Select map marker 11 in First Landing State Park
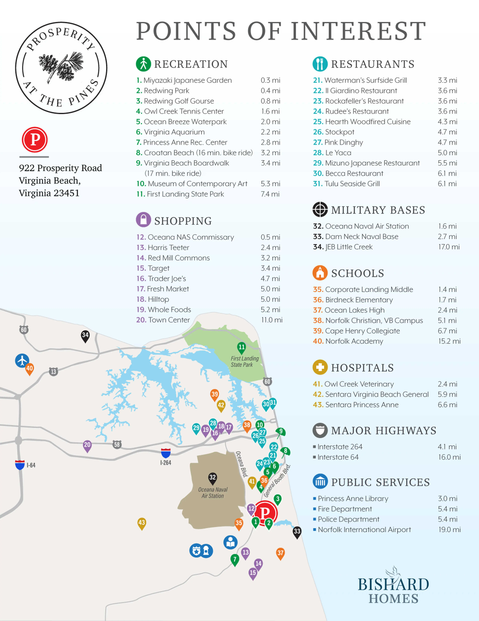[241, 348]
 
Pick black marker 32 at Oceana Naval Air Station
[213, 478]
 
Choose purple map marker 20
[87, 445]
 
